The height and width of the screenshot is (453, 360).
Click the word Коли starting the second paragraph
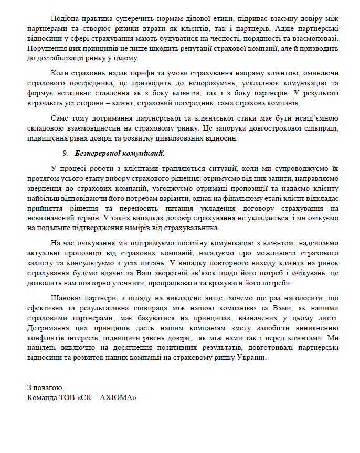(59, 73)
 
